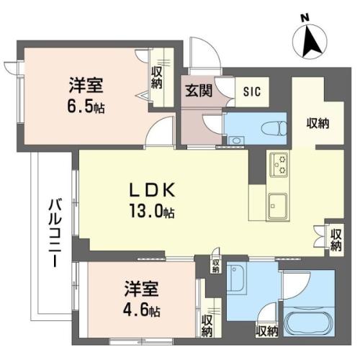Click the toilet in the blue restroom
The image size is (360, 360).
274,129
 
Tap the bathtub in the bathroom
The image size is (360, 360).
308,322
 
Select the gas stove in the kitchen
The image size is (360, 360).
279,165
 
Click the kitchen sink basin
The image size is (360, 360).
278,206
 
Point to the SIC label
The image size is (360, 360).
252,91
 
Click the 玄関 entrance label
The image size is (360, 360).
199,91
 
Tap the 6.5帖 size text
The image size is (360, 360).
86,107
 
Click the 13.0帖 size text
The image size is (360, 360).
152,211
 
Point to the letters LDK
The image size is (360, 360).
152,191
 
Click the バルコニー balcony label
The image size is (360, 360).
55,233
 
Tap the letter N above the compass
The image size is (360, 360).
305,18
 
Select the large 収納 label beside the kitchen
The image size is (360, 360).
318,123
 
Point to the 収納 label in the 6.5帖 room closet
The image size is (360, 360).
157,78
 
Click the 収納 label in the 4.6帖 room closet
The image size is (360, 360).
207,326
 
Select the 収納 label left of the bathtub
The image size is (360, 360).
267,331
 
